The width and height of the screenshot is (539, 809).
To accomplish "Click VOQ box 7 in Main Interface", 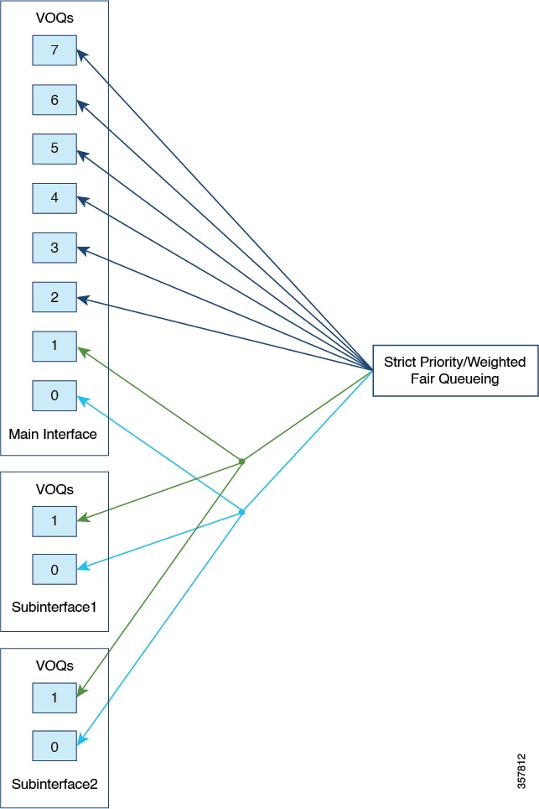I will click(x=54, y=50).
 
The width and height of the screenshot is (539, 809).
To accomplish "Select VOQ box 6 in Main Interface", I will click(x=54, y=99).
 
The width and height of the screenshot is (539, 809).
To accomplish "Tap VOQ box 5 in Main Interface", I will click(x=54, y=149).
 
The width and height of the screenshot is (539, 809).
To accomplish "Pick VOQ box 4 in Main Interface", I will click(x=54, y=198).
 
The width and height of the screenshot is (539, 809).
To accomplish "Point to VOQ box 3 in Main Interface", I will click(x=54, y=248).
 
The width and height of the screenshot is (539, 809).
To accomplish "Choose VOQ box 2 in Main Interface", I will click(x=54, y=297).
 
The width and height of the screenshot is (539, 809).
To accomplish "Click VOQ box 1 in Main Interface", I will click(x=54, y=347).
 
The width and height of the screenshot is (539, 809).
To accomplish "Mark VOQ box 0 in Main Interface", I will click(x=54, y=396).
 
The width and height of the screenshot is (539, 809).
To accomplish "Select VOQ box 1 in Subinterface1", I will click(x=54, y=520).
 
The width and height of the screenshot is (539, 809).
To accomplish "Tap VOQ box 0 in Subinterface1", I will click(x=54, y=570).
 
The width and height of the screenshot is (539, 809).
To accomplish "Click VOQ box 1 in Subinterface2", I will click(x=54, y=697).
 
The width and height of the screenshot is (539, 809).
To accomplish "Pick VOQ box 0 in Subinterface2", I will click(x=54, y=747).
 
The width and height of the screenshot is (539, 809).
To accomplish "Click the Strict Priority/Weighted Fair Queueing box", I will click(x=455, y=370).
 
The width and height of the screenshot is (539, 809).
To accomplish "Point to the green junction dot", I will click(x=241, y=462).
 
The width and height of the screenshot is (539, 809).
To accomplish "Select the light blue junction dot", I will click(x=241, y=511).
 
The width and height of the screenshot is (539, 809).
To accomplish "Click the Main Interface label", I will click(x=53, y=435).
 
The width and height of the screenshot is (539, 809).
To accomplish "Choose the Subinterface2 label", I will click(x=54, y=785).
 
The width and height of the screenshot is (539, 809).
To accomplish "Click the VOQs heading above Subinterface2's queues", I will click(x=54, y=665).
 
